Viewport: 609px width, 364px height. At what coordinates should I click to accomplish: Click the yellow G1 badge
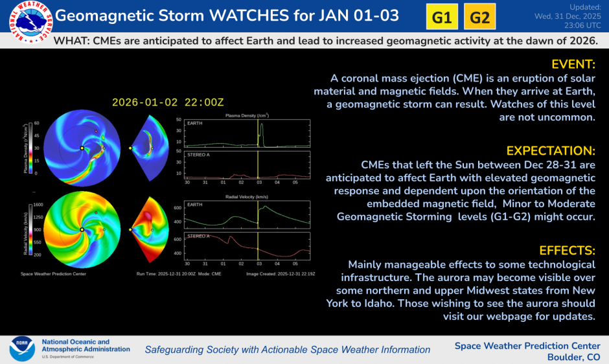click(442, 17)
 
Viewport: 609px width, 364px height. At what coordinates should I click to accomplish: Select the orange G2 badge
click(479, 17)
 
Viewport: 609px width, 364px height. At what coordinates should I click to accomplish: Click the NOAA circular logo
click(21, 348)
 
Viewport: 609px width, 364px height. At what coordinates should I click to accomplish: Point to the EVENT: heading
click(573, 64)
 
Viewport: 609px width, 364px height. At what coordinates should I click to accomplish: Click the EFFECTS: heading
click(567, 251)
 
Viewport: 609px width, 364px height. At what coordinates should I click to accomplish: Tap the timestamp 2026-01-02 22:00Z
click(168, 102)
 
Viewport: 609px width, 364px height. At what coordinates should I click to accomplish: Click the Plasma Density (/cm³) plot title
click(247, 115)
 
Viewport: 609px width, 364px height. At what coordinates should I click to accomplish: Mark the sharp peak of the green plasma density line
click(261, 126)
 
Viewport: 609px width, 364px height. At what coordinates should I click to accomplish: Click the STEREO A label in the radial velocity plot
click(198, 236)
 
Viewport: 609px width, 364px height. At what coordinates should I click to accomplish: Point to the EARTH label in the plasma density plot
click(193, 122)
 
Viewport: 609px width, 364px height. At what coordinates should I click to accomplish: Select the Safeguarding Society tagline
click(287, 350)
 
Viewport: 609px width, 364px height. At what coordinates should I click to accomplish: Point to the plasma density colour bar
click(27, 148)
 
